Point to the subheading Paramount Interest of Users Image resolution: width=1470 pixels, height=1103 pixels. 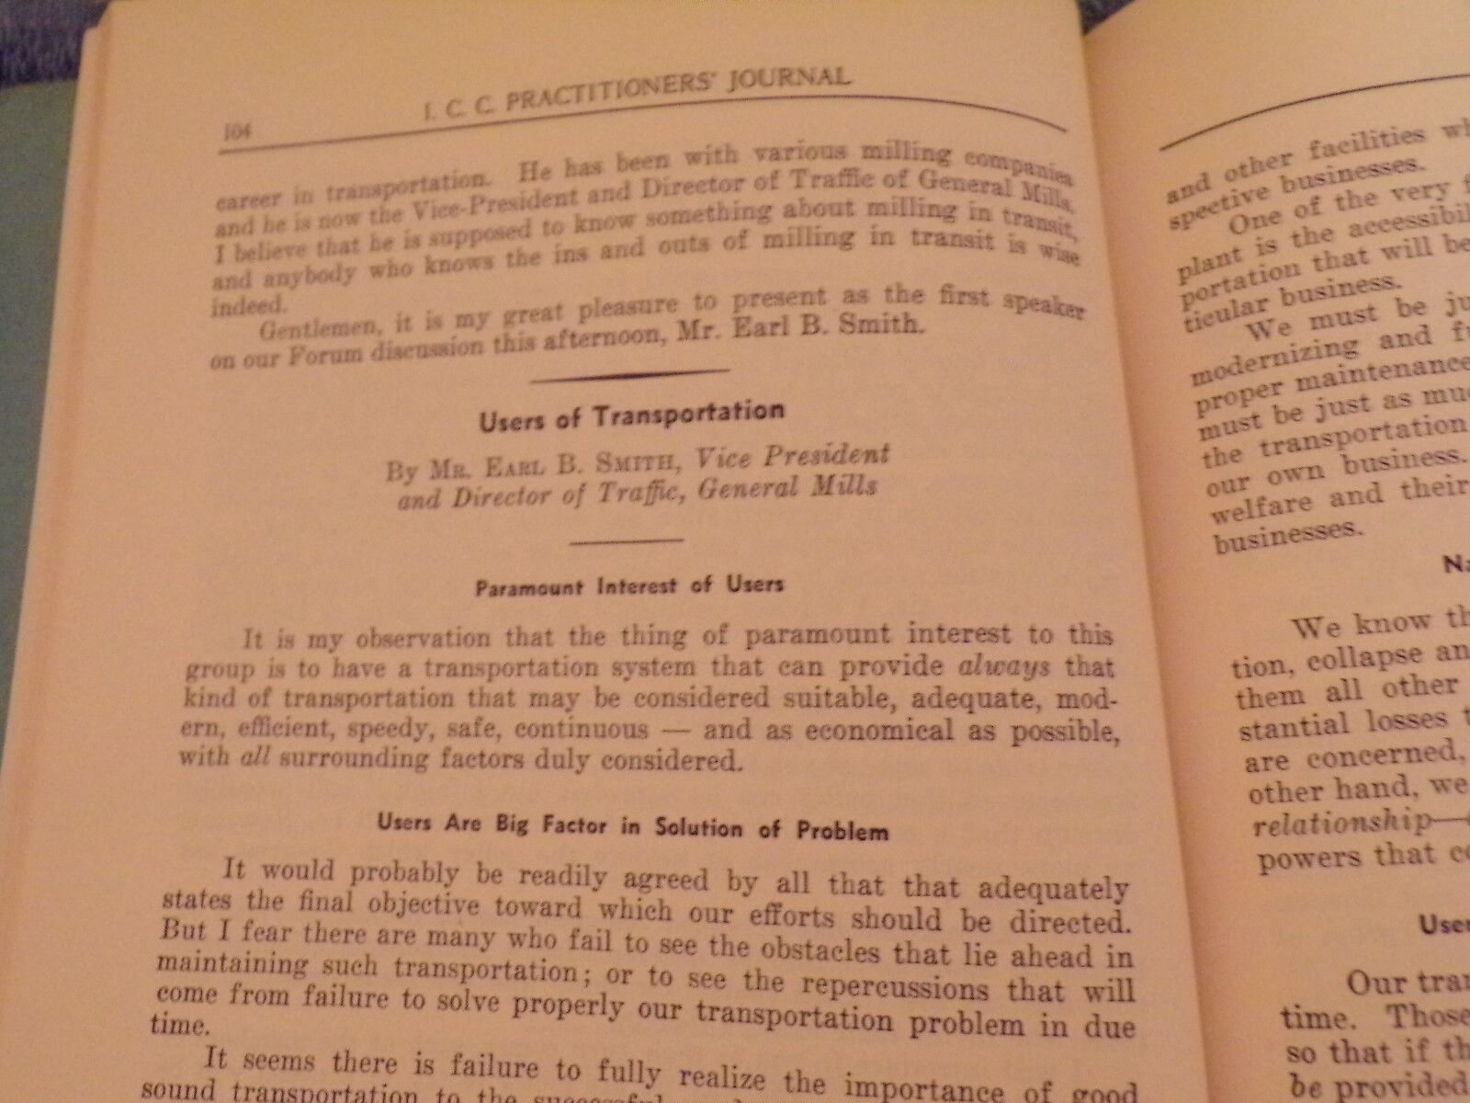pos(629,585)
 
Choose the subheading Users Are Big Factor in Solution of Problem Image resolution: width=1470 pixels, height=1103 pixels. pos(632,826)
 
